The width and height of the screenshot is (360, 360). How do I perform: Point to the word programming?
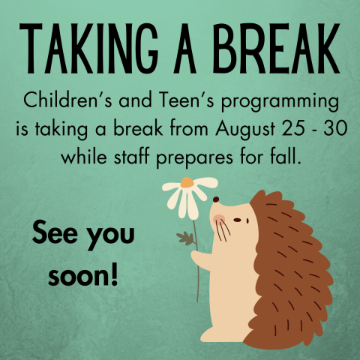tap(277, 100)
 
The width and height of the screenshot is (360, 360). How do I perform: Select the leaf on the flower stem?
tap(184, 239)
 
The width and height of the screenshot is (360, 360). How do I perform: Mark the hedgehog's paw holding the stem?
tap(199, 259)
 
